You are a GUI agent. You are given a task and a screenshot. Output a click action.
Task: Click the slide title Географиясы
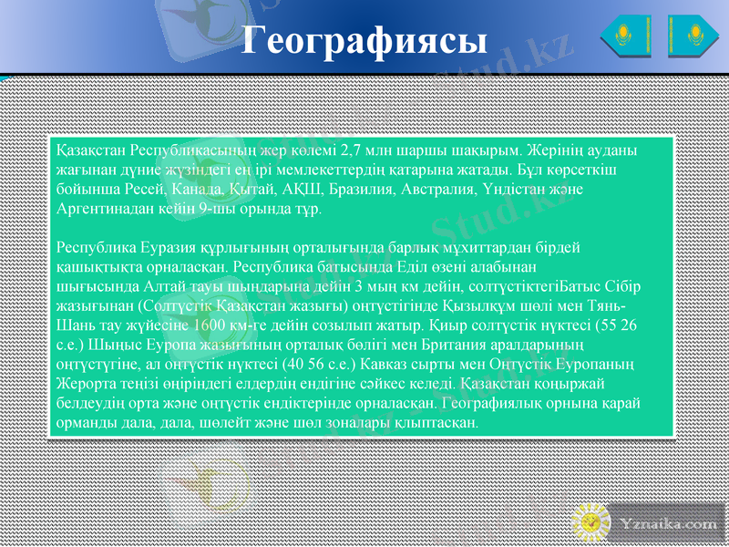pos(364,39)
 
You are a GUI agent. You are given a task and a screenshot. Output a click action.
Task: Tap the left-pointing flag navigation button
pos(625,36)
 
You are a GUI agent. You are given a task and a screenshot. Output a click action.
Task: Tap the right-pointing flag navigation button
pos(693,36)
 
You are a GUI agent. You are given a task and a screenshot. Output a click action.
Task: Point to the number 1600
pos(231,326)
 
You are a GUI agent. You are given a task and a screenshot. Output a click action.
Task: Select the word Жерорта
pos(87,386)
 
